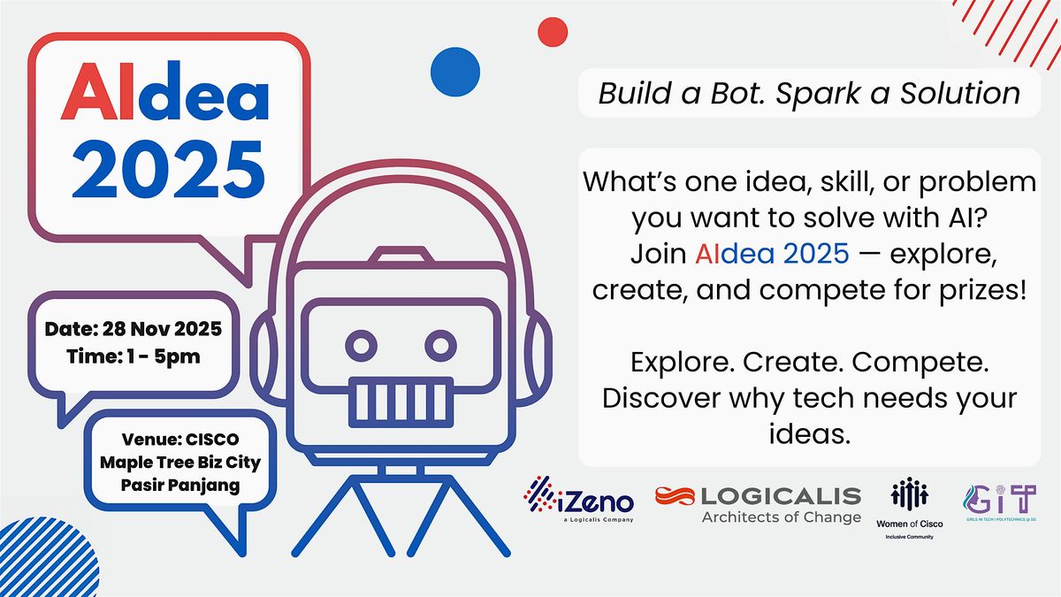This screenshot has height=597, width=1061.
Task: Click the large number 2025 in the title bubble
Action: [x=167, y=166]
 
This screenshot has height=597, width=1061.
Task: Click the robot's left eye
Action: [x=361, y=345]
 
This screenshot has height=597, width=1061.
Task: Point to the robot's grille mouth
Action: [x=400, y=399]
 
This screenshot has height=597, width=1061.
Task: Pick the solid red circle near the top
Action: [x=552, y=31]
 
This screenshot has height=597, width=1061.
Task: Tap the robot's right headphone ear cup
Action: [x=531, y=348]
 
